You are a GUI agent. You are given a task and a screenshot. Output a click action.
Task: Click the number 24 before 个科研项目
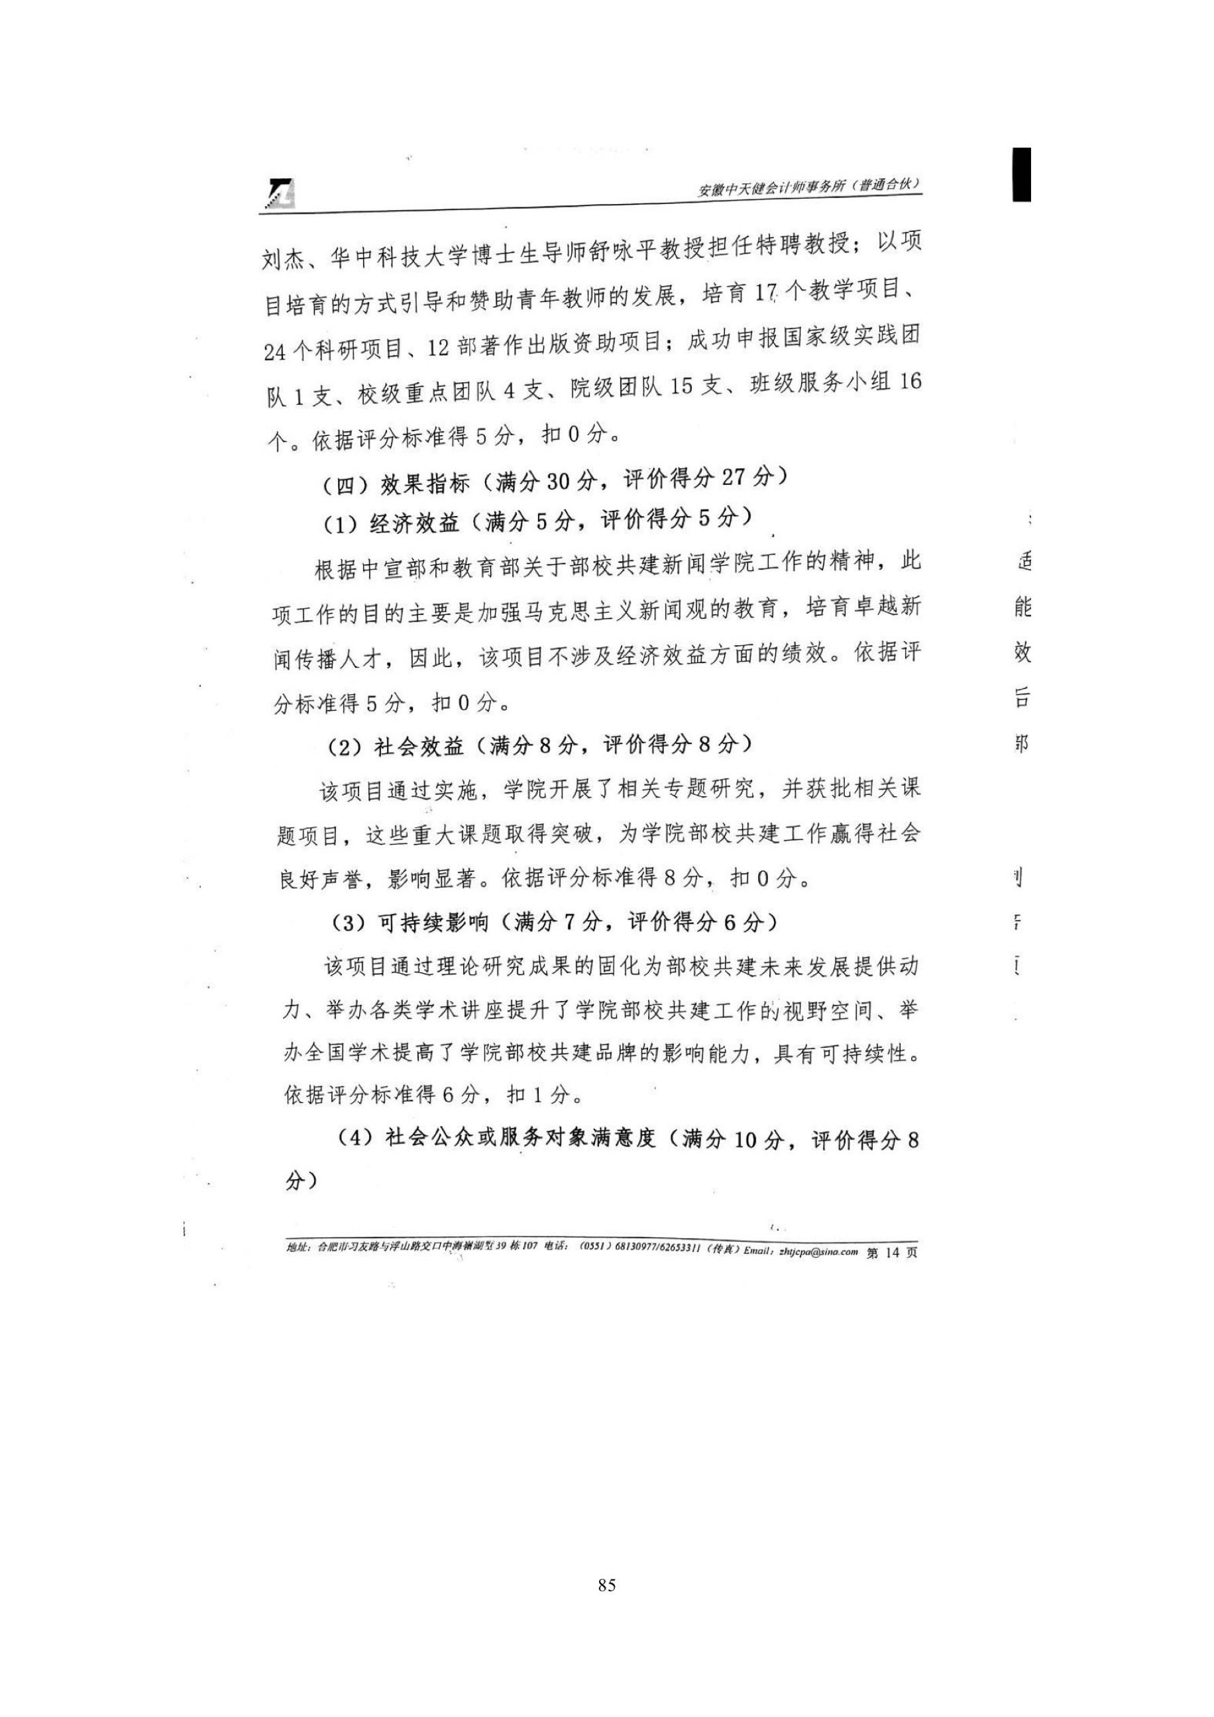pos(276,352)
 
